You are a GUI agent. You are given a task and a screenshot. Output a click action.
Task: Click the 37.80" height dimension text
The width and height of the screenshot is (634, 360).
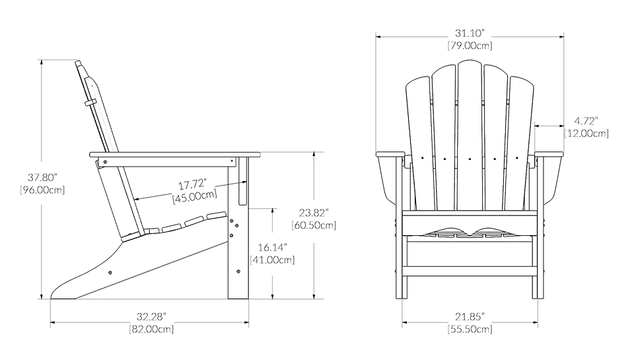(42, 177)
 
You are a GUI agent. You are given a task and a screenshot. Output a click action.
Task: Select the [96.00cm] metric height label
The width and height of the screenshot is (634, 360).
(42, 190)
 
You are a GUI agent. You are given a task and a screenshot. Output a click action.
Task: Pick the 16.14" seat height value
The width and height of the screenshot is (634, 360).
(273, 247)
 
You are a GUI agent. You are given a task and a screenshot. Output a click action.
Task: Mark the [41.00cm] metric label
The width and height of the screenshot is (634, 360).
(273, 260)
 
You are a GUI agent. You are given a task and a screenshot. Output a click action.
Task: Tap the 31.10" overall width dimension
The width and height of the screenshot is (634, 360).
(470, 33)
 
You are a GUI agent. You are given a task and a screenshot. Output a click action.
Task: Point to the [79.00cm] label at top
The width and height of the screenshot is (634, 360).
(470, 46)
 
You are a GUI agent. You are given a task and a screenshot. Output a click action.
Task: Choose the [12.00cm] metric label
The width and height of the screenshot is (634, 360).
(586, 133)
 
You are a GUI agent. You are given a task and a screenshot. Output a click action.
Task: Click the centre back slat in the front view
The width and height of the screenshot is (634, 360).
(469, 132)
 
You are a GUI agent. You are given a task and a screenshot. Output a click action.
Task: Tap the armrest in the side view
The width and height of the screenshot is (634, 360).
(172, 156)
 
